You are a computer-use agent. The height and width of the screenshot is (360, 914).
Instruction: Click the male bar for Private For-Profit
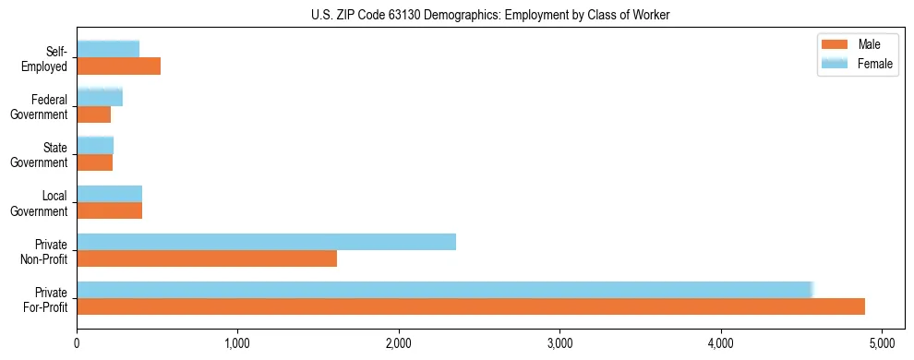click(471, 306)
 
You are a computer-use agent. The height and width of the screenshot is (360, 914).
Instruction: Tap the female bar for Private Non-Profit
click(266, 241)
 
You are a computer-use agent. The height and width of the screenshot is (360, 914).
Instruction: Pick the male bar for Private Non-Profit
click(207, 258)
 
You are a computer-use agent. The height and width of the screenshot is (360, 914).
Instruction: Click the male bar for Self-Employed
click(118, 66)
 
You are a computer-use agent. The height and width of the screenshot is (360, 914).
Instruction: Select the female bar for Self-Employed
click(108, 49)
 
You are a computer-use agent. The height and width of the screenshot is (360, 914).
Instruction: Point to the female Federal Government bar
click(100, 97)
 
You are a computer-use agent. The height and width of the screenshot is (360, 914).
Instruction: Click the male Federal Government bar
click(93, 114)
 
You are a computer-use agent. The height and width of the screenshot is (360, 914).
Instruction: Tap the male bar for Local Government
click(109, 210)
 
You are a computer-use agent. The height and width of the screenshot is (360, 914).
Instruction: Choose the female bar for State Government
click(95, 145)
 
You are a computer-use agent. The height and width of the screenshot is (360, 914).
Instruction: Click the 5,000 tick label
click(882, 343)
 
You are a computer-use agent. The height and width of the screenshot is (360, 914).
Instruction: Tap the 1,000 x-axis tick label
click(237, 343)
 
